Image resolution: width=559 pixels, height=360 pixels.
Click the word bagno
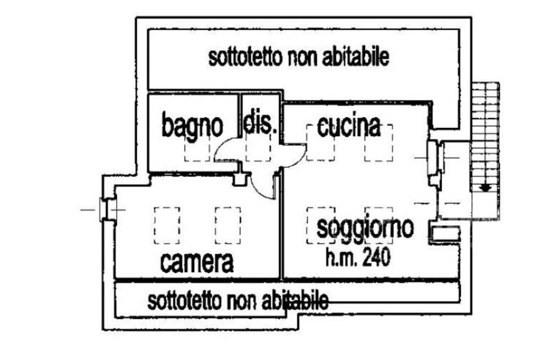(192, 127)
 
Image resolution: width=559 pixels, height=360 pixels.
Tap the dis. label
(259, 124)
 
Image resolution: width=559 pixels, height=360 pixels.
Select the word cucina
(348, 127)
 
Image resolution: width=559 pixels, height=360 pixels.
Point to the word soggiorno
(365, 228)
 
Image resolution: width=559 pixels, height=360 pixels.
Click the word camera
(197, 261)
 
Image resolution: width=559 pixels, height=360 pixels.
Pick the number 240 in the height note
(376, 258)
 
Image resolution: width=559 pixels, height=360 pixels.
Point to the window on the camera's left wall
(105, 210)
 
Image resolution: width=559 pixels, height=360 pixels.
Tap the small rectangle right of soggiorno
(444, 233)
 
